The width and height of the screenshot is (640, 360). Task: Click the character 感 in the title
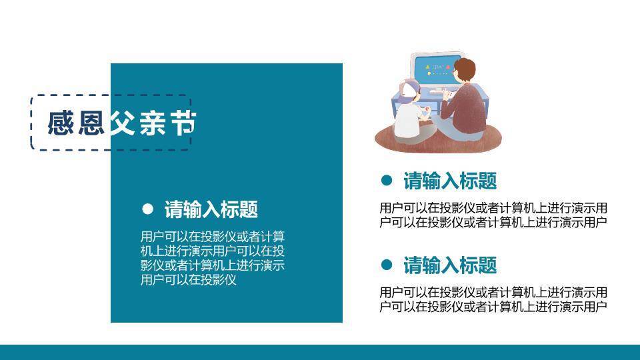61,123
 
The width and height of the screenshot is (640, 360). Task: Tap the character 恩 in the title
91,123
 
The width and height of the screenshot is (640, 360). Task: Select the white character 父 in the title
122,123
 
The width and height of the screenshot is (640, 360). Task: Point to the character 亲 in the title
153,123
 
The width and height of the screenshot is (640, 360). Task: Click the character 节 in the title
183,123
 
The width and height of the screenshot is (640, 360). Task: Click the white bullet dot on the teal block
148,209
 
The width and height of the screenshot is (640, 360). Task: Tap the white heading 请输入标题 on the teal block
211,209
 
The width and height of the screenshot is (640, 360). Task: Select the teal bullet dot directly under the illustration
387,181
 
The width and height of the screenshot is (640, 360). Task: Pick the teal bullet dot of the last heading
387,265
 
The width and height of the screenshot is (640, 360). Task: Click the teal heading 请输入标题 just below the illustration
450,181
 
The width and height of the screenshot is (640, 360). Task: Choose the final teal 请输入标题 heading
450,265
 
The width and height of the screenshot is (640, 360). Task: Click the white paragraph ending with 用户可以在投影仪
212,258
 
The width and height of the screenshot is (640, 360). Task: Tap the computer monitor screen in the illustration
435,69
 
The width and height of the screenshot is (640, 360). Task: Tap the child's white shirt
407,120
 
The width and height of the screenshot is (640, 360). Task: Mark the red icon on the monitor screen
448,67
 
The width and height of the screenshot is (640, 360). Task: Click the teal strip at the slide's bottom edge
320,352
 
